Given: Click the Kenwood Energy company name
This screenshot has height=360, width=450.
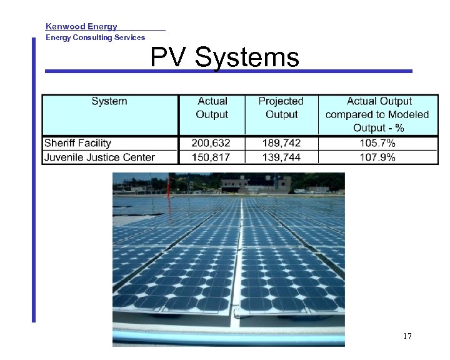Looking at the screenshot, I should click(x=81, y=26).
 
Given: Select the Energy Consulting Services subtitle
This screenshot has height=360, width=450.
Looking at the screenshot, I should click(x=95, y=37).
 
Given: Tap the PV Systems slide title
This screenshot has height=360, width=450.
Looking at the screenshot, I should click(x=224, y=58).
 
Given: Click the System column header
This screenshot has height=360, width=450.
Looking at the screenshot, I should click(x=109, y=101).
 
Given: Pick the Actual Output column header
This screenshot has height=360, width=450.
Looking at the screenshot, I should click(x=212, y=107).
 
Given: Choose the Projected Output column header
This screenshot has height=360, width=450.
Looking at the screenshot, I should click(x=281, y=107).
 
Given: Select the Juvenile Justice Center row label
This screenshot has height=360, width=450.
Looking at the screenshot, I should click(x=99, y=157).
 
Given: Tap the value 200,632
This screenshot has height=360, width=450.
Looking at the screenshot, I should click(x=212, y=143).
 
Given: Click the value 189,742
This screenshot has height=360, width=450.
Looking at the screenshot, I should click(x=281, y=143).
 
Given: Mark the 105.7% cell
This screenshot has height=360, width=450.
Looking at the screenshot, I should click(x=377, y=143).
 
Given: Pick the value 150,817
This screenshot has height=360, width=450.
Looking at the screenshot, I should click(x=212, y=157).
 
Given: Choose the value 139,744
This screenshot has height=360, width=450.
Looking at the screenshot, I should click(x=281, y=157).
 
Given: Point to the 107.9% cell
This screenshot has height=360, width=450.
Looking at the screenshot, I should click(x=377, y=157).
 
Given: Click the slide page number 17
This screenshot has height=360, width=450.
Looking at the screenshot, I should click(x=407, y=336).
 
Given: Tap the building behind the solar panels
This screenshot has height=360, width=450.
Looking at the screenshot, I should click(x=256, y=184).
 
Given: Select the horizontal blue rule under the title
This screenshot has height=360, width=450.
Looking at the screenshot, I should click(x=229, y=71).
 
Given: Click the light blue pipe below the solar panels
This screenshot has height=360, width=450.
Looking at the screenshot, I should click(x=229, y=341).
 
